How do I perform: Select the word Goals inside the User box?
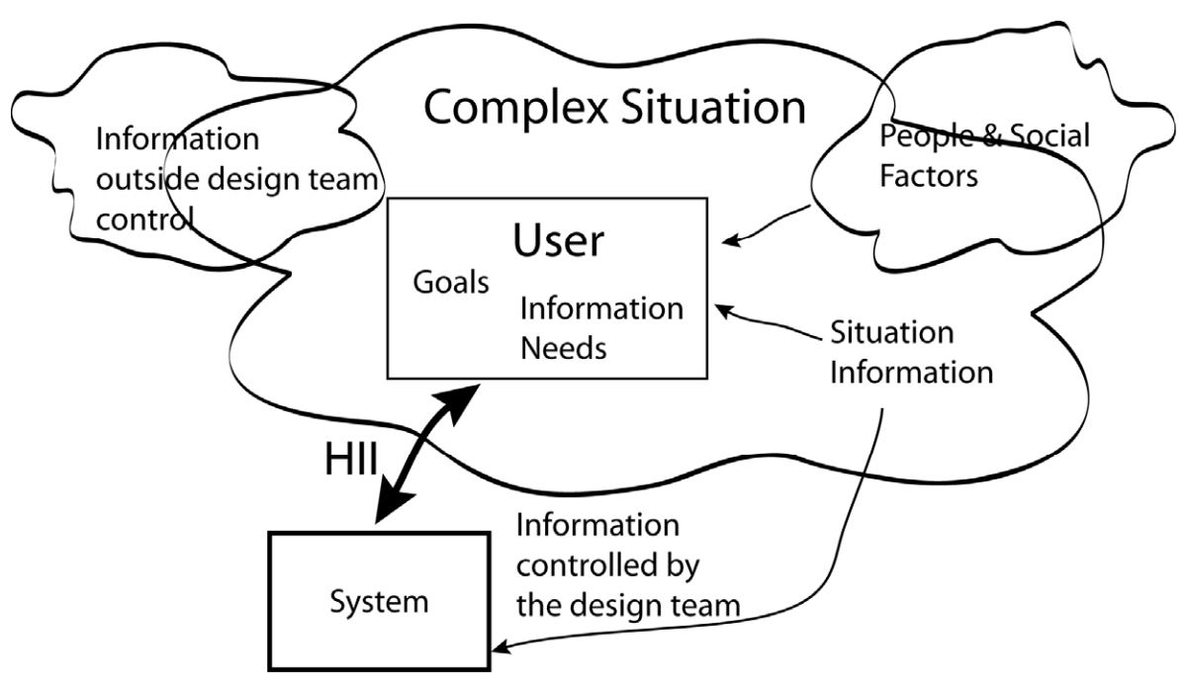[451, 284]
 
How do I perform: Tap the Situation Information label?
[910, 352]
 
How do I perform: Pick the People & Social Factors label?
[983, 156]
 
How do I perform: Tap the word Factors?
[929, 179]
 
